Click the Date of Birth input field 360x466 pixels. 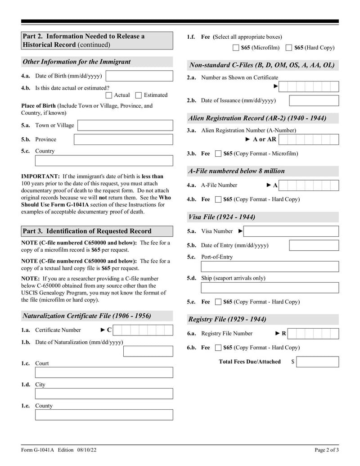point(139,76)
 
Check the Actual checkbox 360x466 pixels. point(109,95)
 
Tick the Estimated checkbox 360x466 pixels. point(139,95)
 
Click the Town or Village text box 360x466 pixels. point(125,125)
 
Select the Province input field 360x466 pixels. point(123,140)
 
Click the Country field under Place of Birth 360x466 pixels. point(103,161)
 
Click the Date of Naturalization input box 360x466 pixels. point(148,351)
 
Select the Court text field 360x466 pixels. point(103,372)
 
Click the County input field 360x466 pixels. point(103,415)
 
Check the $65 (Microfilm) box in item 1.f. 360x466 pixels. point(236,48)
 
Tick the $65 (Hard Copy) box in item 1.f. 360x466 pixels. point(289,48)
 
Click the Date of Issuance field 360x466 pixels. point(314,100)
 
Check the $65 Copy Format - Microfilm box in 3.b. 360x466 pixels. point(218,154)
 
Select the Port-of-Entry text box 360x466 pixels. point(270,267)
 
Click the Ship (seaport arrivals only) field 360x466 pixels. point(270,288)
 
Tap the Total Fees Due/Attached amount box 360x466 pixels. point(317,362)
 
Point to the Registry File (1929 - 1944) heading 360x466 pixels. point(227,319)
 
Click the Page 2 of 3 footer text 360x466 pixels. point(326,450)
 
